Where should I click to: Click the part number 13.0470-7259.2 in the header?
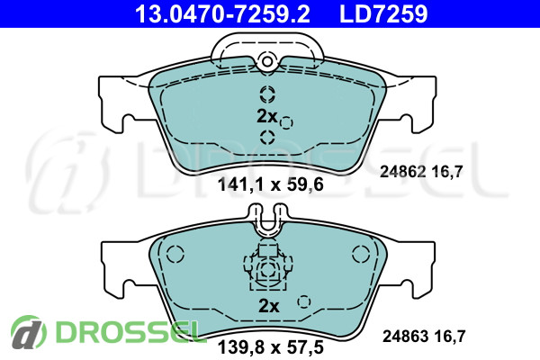point(222,13)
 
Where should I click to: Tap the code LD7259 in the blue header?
point(383,13)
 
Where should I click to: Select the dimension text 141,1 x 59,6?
point(270,185)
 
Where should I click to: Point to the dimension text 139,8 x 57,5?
point(270,347)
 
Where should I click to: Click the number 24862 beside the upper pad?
point(402,171)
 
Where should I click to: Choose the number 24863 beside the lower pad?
point(405,337)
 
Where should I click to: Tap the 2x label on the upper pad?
point(267,116)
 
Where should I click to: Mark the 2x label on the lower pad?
point(269,306)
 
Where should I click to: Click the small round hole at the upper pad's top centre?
point(267,61)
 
